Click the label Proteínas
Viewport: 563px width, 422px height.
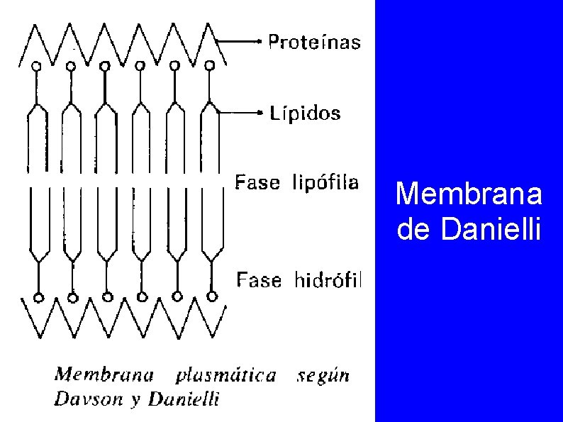(x=314, y=43)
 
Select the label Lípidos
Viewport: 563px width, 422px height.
(x=305, y=113)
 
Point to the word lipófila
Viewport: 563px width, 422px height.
(x=325, y=184)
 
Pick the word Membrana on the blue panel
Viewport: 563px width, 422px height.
(x=469, y=194)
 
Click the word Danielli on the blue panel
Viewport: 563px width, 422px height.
(x=491, y=230)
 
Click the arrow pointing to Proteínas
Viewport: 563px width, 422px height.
(x=241, y=42)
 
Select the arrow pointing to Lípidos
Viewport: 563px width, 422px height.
(x=241, y=112)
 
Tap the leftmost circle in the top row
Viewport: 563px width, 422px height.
(x=36, y=65)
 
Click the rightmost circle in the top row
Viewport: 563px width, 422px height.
(x=209, y=65)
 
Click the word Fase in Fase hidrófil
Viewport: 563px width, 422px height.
(x=259, y=281)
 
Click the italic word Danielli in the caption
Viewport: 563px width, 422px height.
(x=188, y=399)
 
